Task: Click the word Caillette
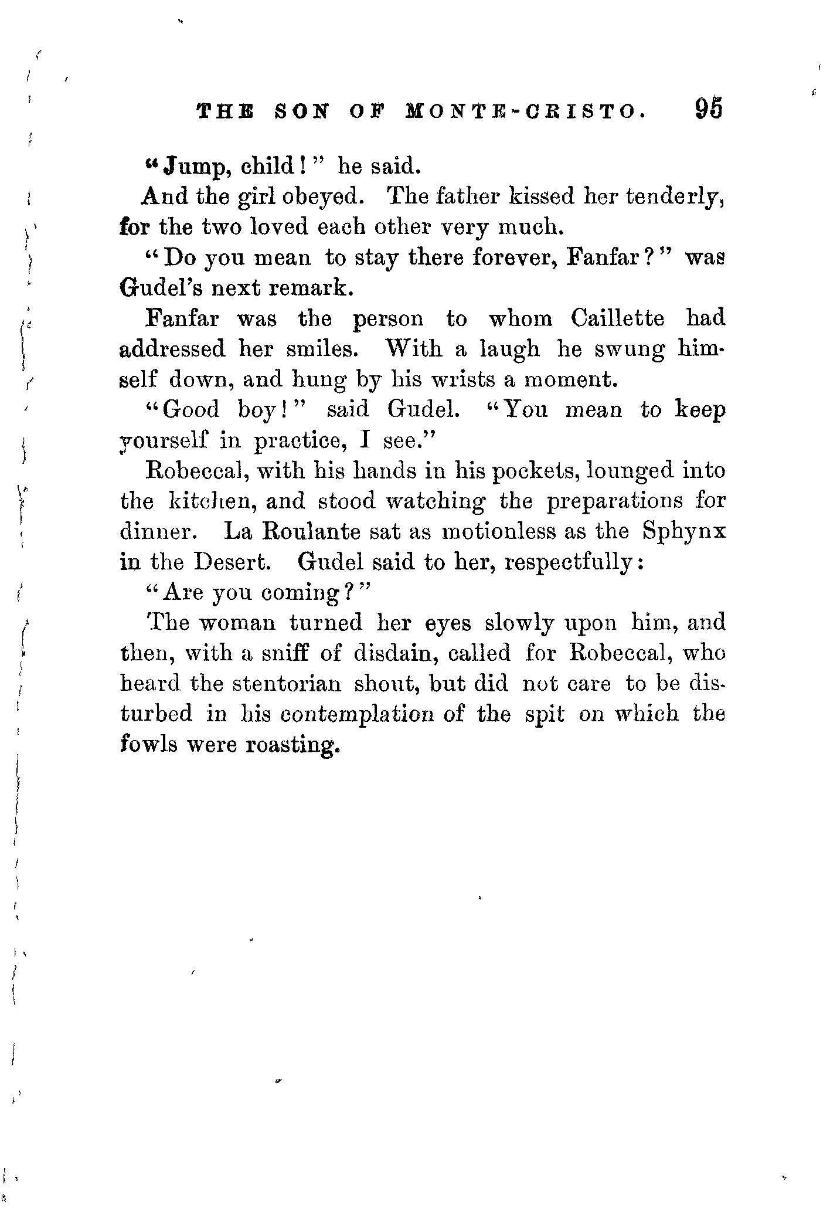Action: click(x=618, y=318)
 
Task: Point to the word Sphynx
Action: click(x=683, y=532)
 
